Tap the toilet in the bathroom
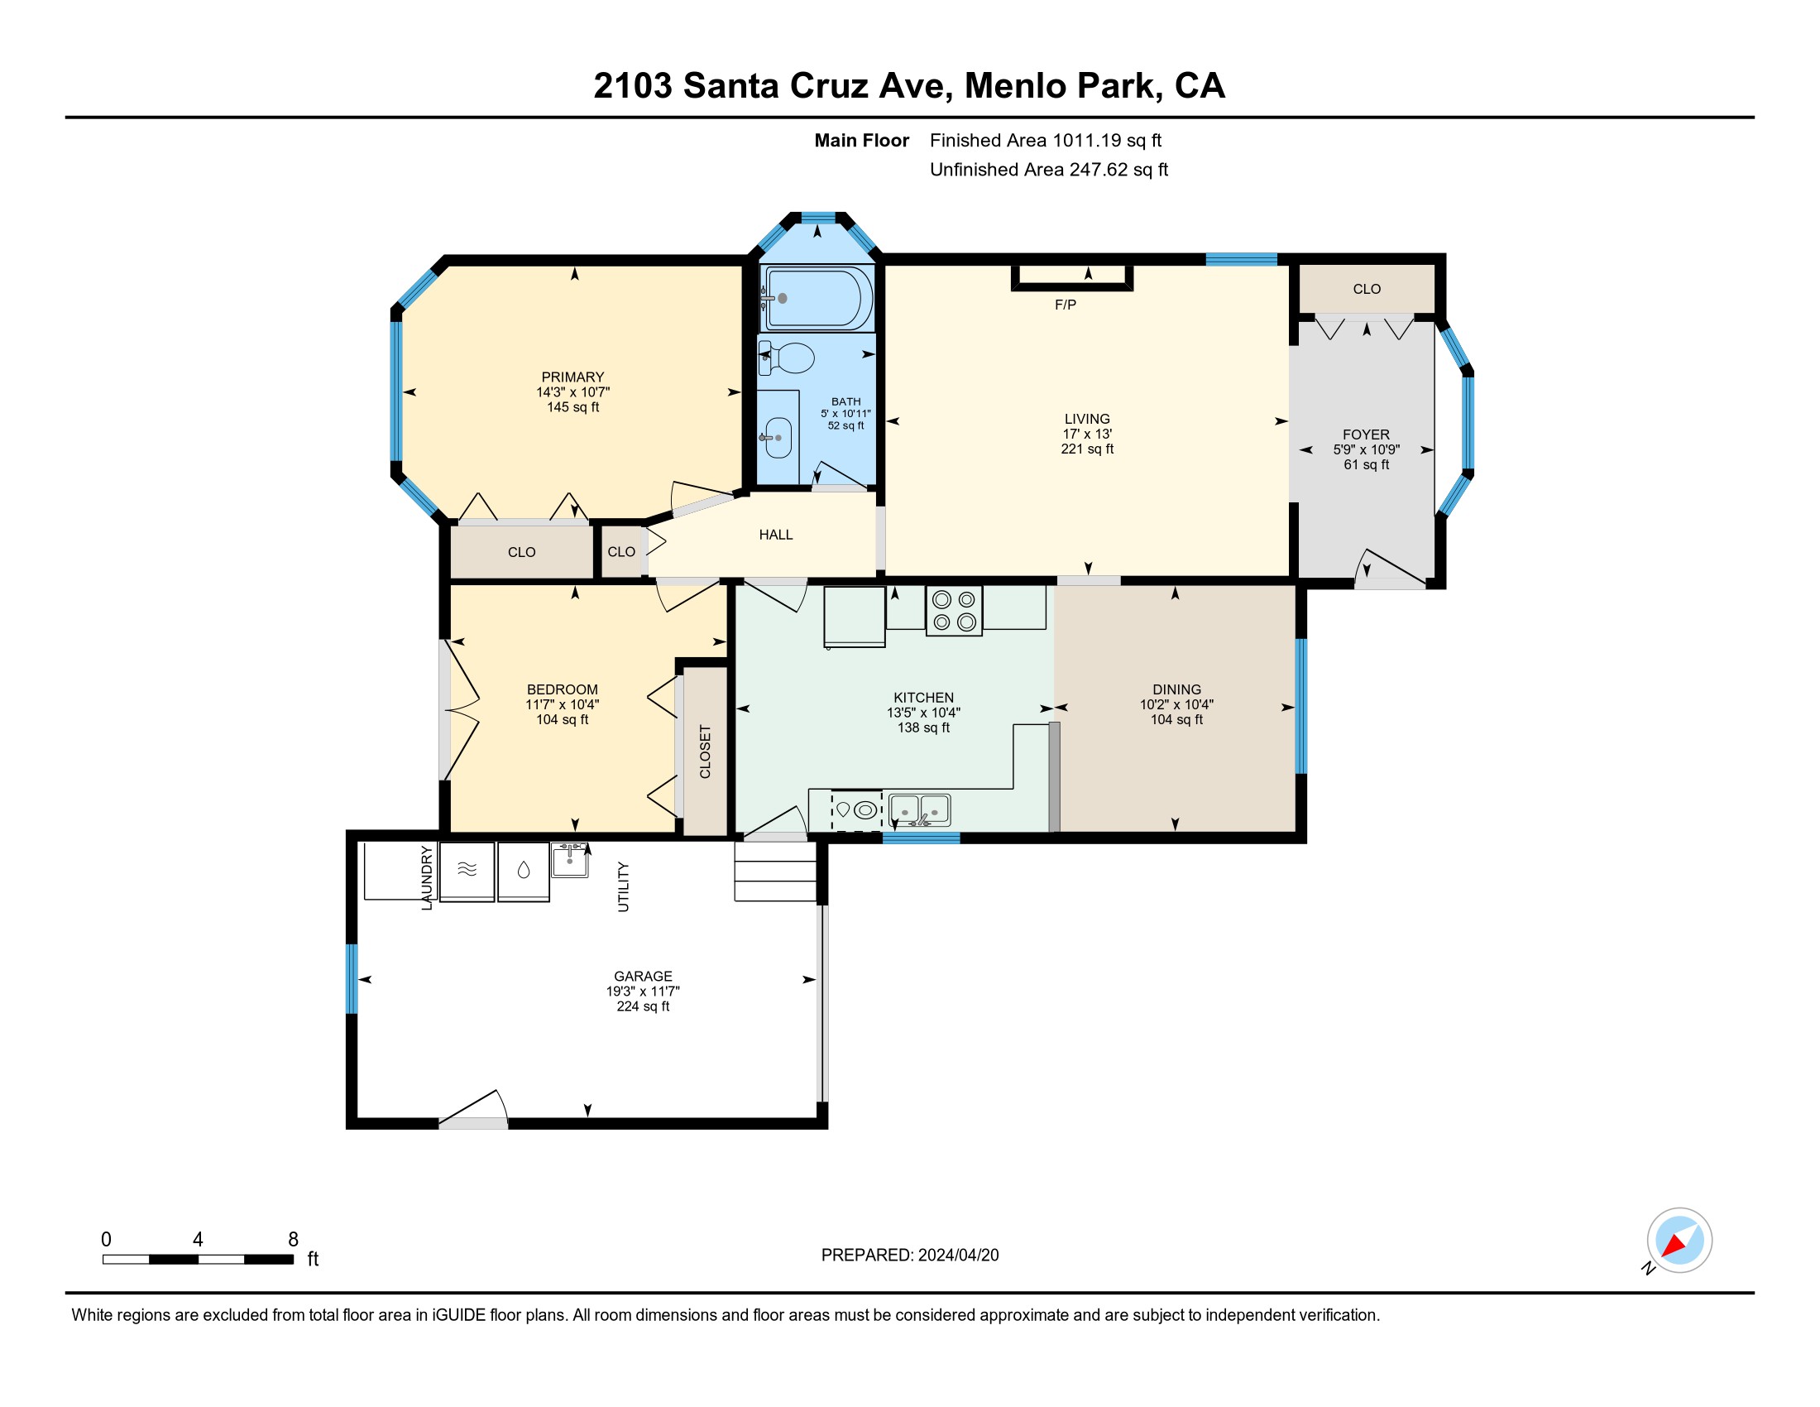click(x=787, y=358)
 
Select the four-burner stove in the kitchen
click(x=954, y=610)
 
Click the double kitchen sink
click(x=920, y=809)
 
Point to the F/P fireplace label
click(x=1065, y=305)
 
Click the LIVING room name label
click(x=1087, y=419)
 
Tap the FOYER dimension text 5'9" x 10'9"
click(x=1366, y=449)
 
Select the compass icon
click(x=1679, y=1241)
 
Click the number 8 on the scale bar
click(x=294, y=1240)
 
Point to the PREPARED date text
click(x=910, y=1256)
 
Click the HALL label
click(x=776, y=535)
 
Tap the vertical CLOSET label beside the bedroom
click(x=705, y=752)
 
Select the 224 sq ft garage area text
click(x=643, y=1006)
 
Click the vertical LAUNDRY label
click(x=427, y=877)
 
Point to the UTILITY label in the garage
click(x=623, y=887)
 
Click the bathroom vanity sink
click(x=778, y=438)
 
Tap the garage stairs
click(x=775, y=871)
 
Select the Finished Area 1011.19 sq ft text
click(x=1045, y=141)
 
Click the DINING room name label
click(x=1176, y=689)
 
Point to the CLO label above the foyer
click(x=1367, y=289)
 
